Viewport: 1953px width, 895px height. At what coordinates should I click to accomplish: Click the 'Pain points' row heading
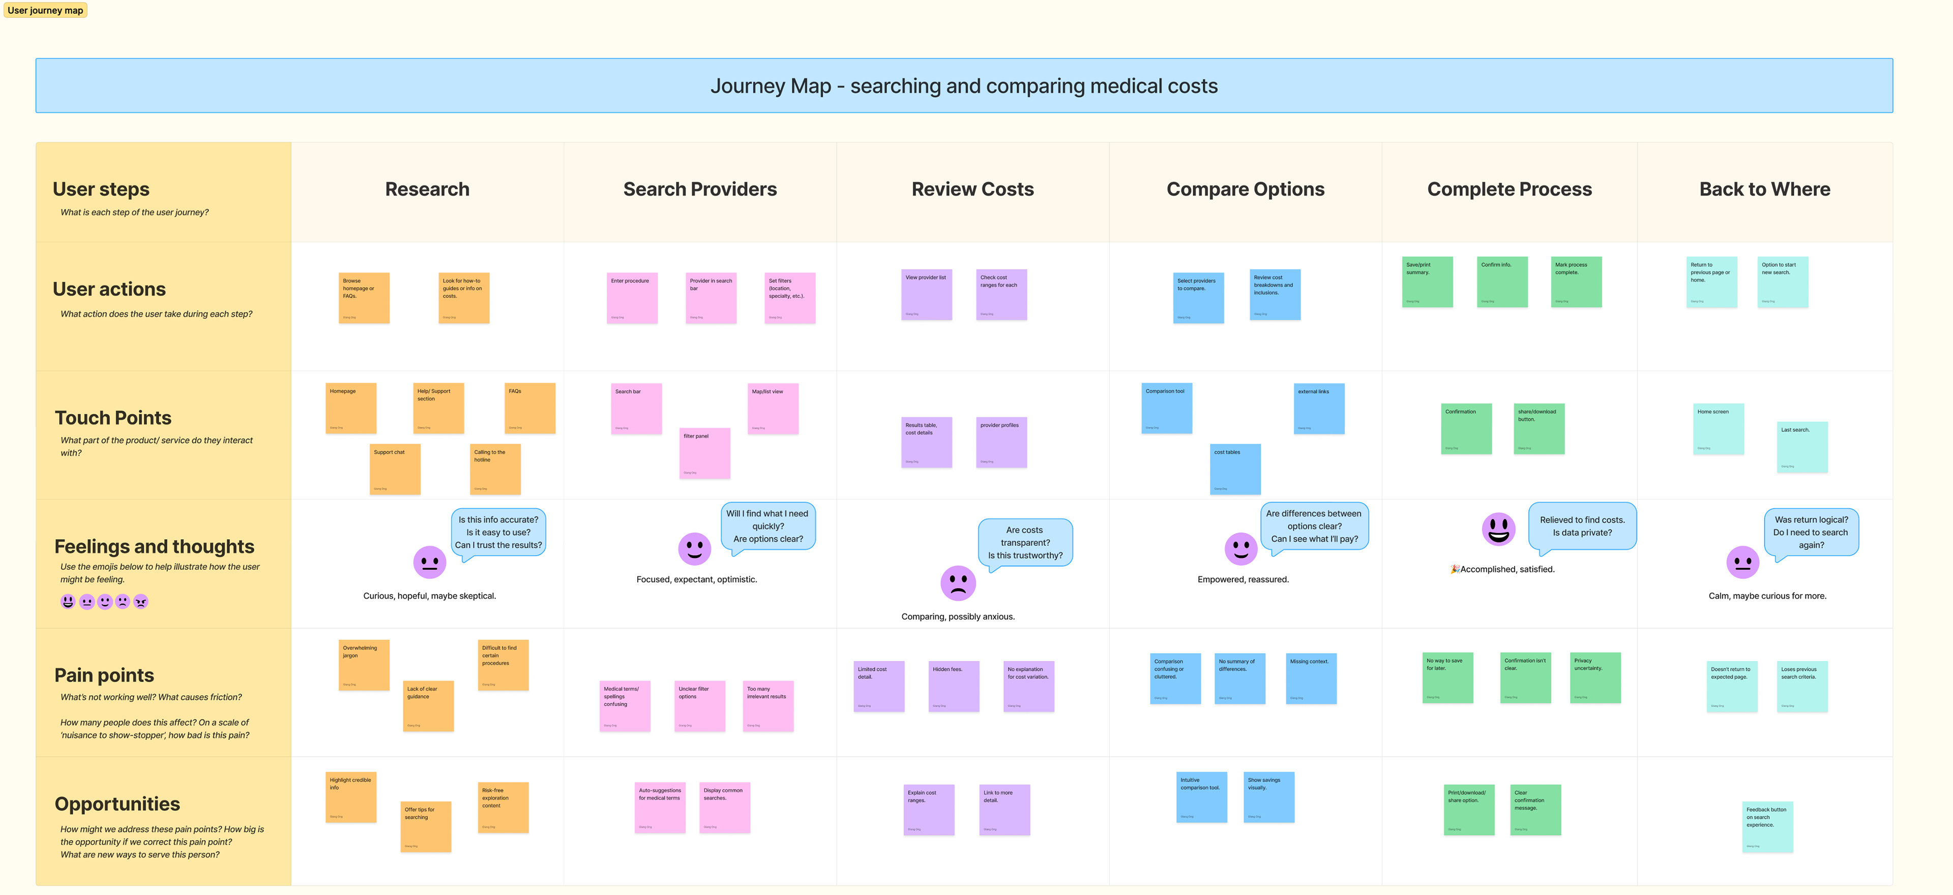pos(105,675)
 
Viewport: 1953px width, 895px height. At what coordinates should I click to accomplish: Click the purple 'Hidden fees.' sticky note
pos(954,686)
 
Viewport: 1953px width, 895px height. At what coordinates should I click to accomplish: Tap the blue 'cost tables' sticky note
pos(1235,469)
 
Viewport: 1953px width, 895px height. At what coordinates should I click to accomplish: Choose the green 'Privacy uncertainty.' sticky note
pos(1595,677)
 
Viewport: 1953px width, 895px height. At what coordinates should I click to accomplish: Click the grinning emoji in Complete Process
pos(1498,528)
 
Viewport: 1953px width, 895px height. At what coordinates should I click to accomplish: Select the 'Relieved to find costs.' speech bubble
pos(1582,525)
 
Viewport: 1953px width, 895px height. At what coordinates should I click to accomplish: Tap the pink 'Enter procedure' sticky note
pos(632,298)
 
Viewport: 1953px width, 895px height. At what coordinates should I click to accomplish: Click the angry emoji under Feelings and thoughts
pos(141,602)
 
